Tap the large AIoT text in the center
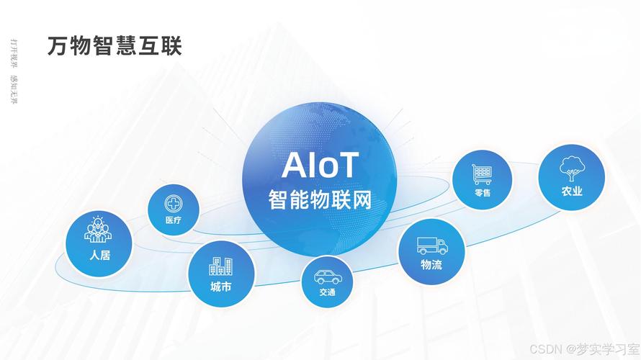pos(320,166)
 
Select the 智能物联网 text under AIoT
pos(320,199)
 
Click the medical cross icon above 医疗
pos(173,203)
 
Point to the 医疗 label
pos(173,220)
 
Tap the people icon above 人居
pos(99,229)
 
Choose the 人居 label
pos(99,254)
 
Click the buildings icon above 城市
pos(220,266)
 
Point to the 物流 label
pos(431,265)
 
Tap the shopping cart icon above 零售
pos(482,174)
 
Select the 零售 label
pos(482,193)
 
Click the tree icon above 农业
pos(572,168)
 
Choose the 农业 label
pos(572,192)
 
